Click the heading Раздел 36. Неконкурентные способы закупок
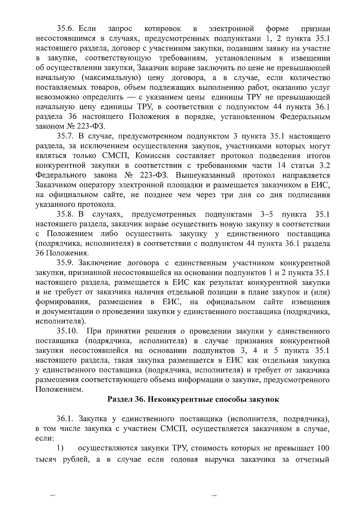click(x=193, y=400)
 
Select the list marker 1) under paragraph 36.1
click(x=60, y=449)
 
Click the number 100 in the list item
click(x=323, y=449)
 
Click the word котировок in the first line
click(x=163, y=29)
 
